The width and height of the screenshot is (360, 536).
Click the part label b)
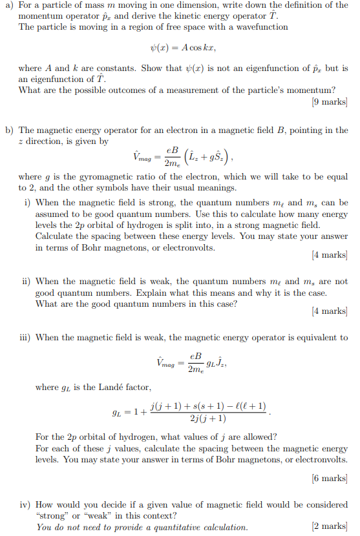click(x=10, y=130)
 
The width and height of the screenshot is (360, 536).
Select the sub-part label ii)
click(x=26, y=281)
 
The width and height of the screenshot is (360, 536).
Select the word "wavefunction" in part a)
click(x=260, y=27)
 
